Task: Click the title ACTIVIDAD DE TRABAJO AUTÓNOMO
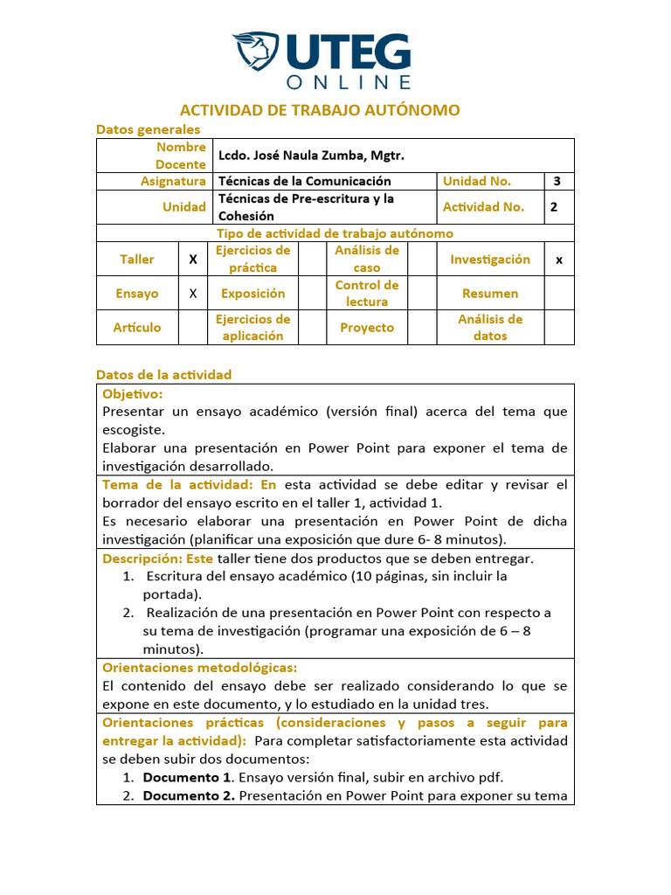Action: pos(320,110)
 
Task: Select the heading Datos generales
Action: pos(148,128)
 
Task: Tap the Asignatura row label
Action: pos(173,181)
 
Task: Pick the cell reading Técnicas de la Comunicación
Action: pos(304,181)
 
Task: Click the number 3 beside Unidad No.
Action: pos(557,181)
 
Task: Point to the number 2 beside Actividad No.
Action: pos(554,207)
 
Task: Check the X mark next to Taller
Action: pos(193,260)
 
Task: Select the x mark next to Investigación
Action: pos(559,260)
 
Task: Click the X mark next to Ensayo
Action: pos(193,294)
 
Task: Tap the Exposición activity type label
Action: pos(252,294)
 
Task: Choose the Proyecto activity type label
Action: pos(367,328)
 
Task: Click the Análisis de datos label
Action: pos(490,328)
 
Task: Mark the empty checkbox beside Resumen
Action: pos(559,294)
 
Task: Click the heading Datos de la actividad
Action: pos(163,374)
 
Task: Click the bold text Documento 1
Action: pos(188,777)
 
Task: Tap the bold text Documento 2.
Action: pos(189,795)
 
